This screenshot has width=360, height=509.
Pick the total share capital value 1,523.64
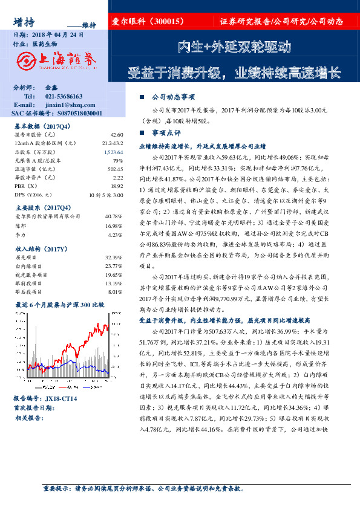coord(113,153)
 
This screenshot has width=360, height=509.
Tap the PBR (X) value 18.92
coord(117,188)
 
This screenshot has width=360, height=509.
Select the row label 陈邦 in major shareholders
coord(21,225)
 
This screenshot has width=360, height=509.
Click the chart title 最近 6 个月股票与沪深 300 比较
coord(59,305)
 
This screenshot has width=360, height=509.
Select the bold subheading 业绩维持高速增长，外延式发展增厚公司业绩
coord(203,146)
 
